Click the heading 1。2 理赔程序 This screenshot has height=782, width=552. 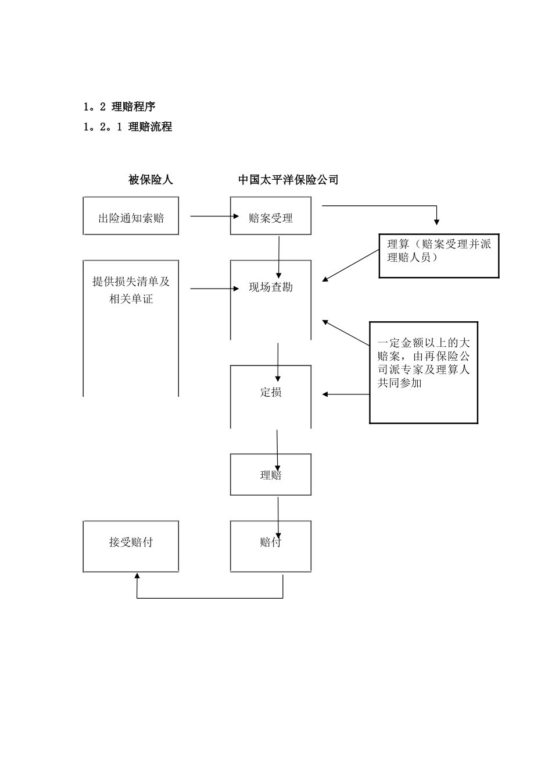[x=119, y=106]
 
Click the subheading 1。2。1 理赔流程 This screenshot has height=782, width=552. [x=128, y=127]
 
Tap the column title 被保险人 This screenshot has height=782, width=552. [x=150, y=180]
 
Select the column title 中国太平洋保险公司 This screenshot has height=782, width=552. [x=288, y=180]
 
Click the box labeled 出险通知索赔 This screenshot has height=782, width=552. [x=131, y=218]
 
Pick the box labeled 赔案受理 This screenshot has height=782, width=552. [x=270, y=218]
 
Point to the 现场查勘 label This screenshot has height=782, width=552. [x=271, y=287]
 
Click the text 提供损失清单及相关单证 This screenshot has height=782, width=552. [x=131, y=290]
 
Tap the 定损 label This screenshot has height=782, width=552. [x=271, y=392]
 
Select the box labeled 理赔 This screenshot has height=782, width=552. [x=271, y=475]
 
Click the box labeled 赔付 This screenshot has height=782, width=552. [x=271, y=542]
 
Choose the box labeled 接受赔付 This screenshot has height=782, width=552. [x=131, y=542]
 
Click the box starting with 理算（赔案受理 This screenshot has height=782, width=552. [x=439, y=251]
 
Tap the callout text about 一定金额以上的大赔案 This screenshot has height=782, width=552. [x=423, y=363]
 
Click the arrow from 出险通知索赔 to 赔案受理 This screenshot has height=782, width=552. [x=214, y=216]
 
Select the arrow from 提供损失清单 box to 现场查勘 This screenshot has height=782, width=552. [x=214, y=288]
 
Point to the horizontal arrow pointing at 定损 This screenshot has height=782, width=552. [x=346, y=394]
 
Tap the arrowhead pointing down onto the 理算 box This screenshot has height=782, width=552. [x=437, y=222]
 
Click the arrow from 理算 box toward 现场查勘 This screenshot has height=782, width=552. [x=351, y=266]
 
